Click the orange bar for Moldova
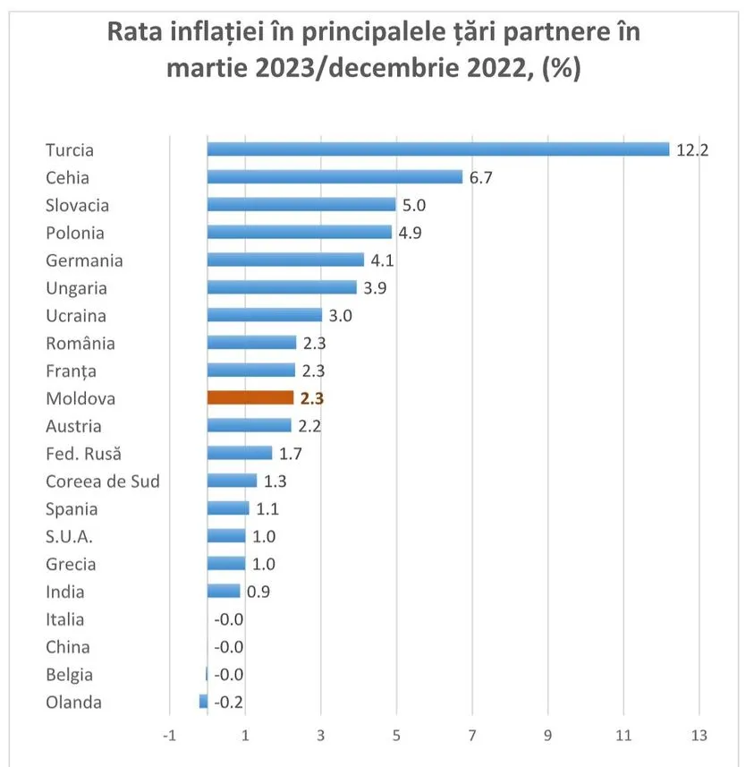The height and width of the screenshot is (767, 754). click(x=250, y=397)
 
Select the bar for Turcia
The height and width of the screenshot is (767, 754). click(x=438, y=149)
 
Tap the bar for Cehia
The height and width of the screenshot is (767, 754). click(x=335, y=176)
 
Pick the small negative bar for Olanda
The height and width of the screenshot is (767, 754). click(x=203, y=702)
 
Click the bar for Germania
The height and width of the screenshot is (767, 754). click(x=285, y=260)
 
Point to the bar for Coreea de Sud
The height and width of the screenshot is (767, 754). click(x=232, y=481)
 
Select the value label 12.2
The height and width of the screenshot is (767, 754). click(x=692, y=149)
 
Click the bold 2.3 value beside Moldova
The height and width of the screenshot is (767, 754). click(x=312, y=398)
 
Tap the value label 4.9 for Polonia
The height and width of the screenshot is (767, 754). click(x=410, y=233)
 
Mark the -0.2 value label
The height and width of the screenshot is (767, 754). click(x=228, y=703)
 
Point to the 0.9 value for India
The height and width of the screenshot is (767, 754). click(x=258, y=592)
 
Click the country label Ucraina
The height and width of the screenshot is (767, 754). click(x=76, y=316)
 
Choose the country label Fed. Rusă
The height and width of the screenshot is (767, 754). click(x=83, y=454)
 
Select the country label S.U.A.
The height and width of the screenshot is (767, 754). click(x=69, y=537)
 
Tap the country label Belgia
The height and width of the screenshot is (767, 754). click(x=70, y=675)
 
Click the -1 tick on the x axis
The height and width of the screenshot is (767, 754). click(x=169, y=735)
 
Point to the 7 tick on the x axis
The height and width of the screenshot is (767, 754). click(x=472, y=735)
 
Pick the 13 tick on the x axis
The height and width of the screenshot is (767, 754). click(x=699, y=735)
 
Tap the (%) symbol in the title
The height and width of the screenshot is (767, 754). click(x=562, y=67)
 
